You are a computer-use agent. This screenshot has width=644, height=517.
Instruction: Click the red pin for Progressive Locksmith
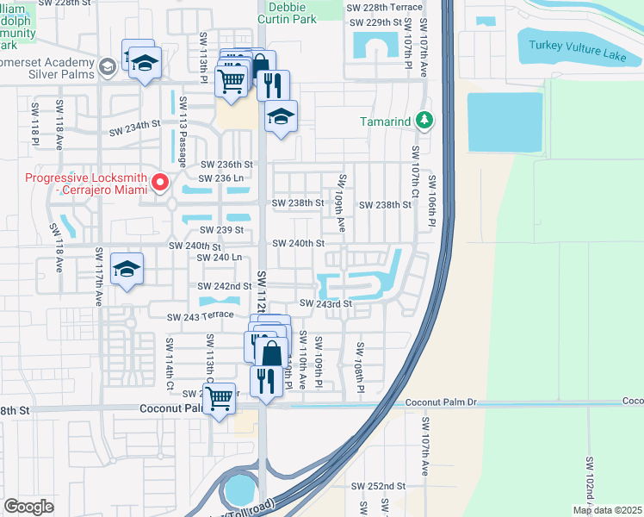[x=159, y=182]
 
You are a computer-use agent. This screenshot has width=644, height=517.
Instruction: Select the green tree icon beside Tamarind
[x=423, y=121]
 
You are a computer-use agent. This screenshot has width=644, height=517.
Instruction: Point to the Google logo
[x=28, y=507]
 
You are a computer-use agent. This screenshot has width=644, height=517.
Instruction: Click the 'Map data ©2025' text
[x=607, y=510]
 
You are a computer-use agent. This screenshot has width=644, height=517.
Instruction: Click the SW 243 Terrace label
[x=201, y=316]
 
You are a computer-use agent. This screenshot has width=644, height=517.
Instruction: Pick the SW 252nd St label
[x=379, y=486]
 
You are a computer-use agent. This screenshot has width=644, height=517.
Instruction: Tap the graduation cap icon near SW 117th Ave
[x=127, y=269]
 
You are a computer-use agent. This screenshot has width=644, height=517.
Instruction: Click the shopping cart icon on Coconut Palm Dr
[x=220, y=397]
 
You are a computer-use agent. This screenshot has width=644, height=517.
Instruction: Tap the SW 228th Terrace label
[x=384, y=7]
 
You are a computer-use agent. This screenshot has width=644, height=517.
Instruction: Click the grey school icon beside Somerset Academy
[x=107, y=66]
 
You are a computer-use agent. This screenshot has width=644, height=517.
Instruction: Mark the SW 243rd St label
[x=326, y=303]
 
